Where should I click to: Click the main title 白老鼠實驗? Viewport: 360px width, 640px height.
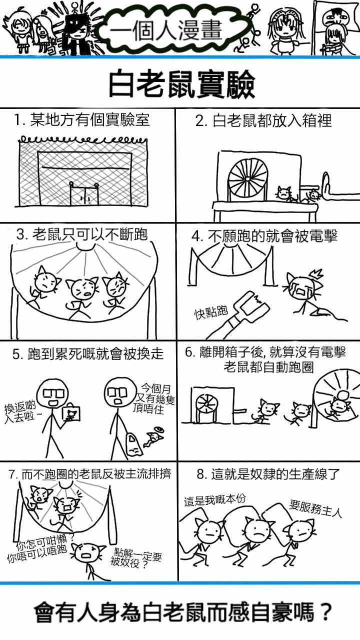click(181, 84)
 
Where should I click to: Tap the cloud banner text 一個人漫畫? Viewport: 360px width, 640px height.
click(165, 29)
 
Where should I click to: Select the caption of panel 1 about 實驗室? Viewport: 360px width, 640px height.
click(81, 119)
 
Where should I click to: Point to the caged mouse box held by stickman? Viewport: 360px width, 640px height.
click(71, 412)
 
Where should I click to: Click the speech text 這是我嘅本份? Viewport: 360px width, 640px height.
click(215, 499)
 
